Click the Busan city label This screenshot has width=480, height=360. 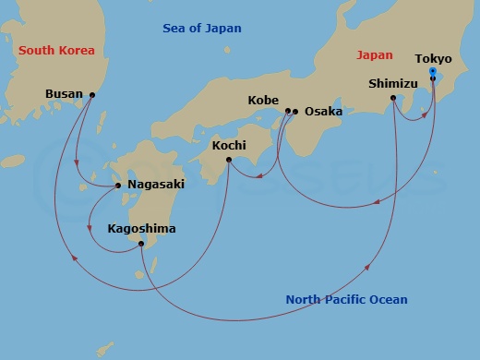[x=63, y=94]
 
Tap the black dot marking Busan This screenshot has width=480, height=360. [x=91, y=94]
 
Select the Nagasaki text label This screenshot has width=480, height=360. [x=155, y=185]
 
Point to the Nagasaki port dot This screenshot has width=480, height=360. [x=119, y=186]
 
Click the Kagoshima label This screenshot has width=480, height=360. [x=141, y=228]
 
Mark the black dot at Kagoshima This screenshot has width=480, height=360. [x=140, y=245]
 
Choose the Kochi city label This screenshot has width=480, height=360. [x=229, y=145]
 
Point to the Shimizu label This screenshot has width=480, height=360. [x=393, y=82]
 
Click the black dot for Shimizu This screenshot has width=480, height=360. [x=394, y=98]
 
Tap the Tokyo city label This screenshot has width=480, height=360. [x=433, y=59]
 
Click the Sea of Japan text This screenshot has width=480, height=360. [x=202, y=29]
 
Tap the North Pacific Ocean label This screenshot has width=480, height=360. [x=346, y=299]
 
